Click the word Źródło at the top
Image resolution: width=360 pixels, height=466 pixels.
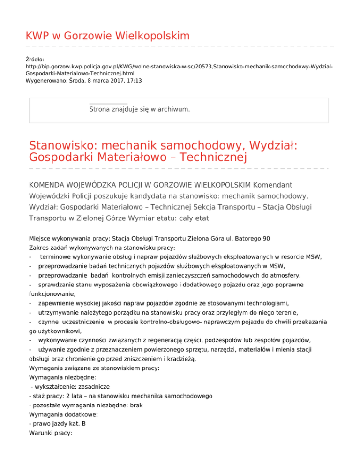(x=34, y=60)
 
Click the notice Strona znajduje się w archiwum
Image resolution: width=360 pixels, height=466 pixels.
(x=139, y=109)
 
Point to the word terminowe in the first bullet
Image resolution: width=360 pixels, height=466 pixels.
(x=54, y=258)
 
